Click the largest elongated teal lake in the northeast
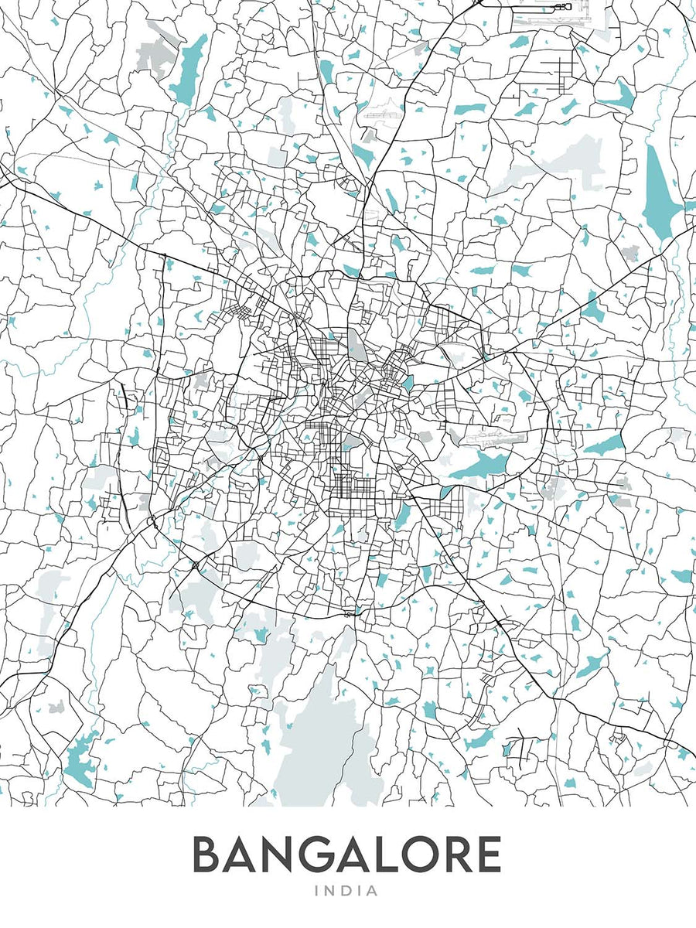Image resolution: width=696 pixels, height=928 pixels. pyautogui.click(x=660, y=193)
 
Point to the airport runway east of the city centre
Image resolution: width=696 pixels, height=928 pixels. pyautogui.click(x=495, y=438)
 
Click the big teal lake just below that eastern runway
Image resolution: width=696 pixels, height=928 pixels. pyautogui.click(x=481, y=466)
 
